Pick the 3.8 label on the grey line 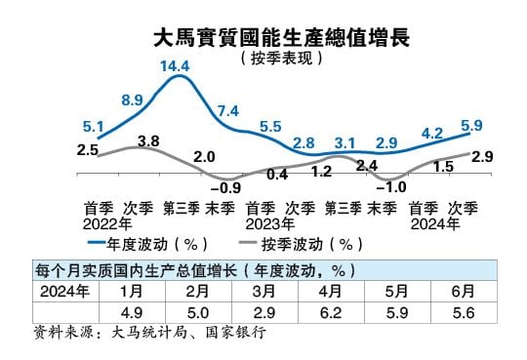point(148,140)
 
